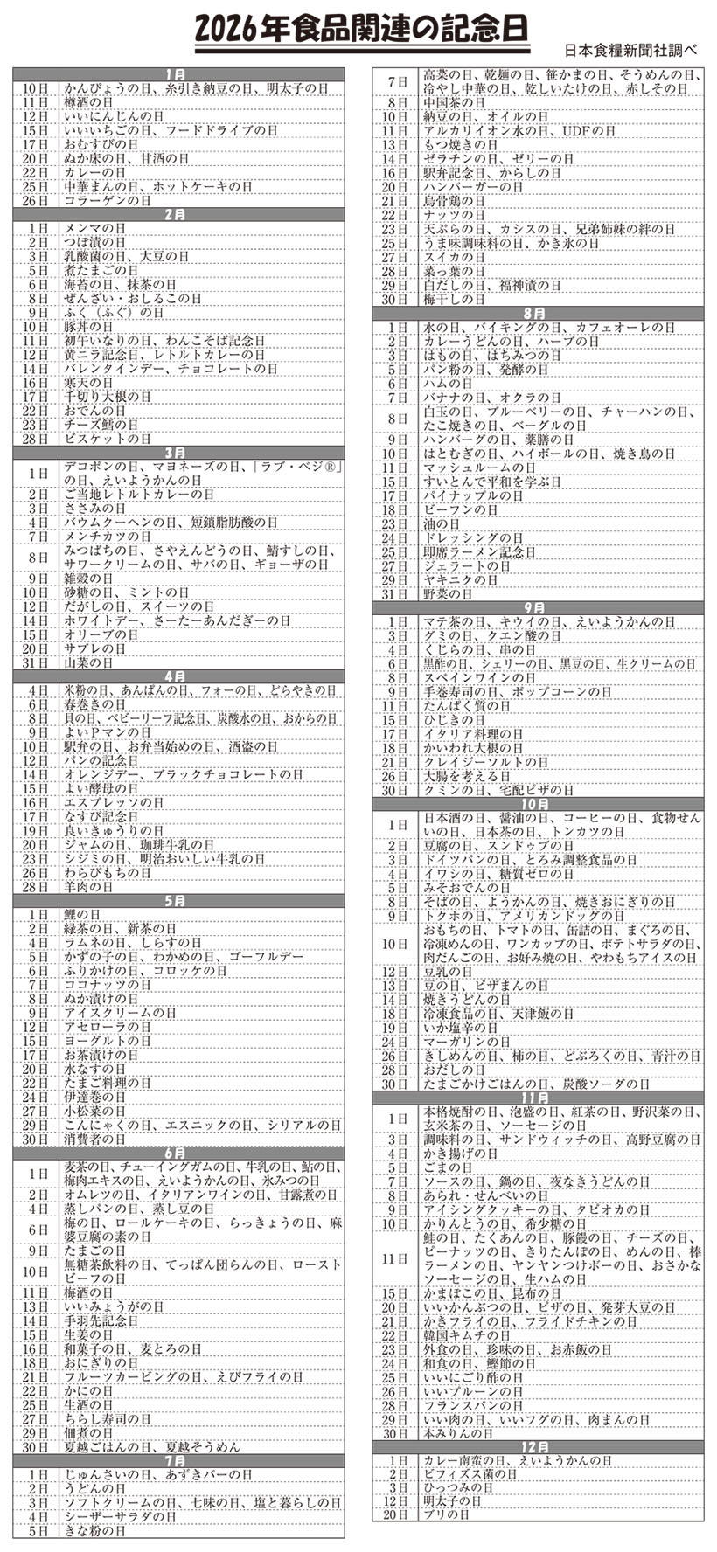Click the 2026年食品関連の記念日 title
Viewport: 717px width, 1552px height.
tap(362, 30)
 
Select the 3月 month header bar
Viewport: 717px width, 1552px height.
tap(178, 452)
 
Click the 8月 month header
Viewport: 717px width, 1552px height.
tap(536, 313)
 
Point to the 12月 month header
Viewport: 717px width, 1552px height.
tap(536, 1447)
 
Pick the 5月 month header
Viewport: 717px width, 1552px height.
tap(178, 900)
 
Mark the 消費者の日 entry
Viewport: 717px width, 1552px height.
tap(95, 1140)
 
